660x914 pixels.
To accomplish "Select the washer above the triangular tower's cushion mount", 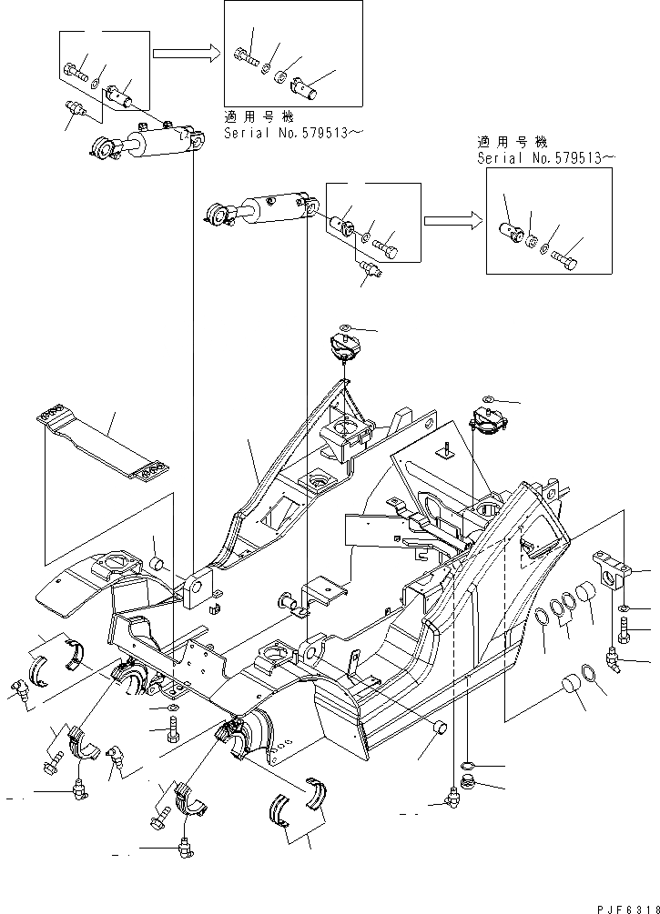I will [x=344, y=327].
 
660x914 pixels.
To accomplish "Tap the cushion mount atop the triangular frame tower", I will [x=343, y=348].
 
